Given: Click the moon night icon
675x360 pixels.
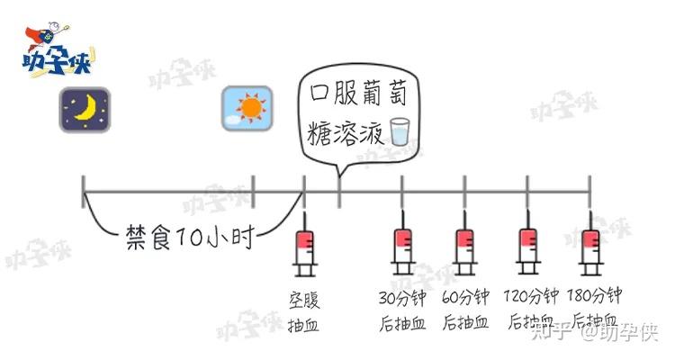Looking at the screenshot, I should coord(85,110).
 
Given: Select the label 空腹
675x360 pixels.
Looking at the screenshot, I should coord(305,299).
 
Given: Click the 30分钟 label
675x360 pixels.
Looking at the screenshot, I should coord(403,297).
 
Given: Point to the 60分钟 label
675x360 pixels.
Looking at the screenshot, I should coord(465,297).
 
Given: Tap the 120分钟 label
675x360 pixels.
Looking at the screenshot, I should coord(530,297).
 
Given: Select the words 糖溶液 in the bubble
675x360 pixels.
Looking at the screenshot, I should coord(346,131).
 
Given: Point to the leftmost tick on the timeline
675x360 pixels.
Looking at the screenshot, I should coord(83,190).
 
